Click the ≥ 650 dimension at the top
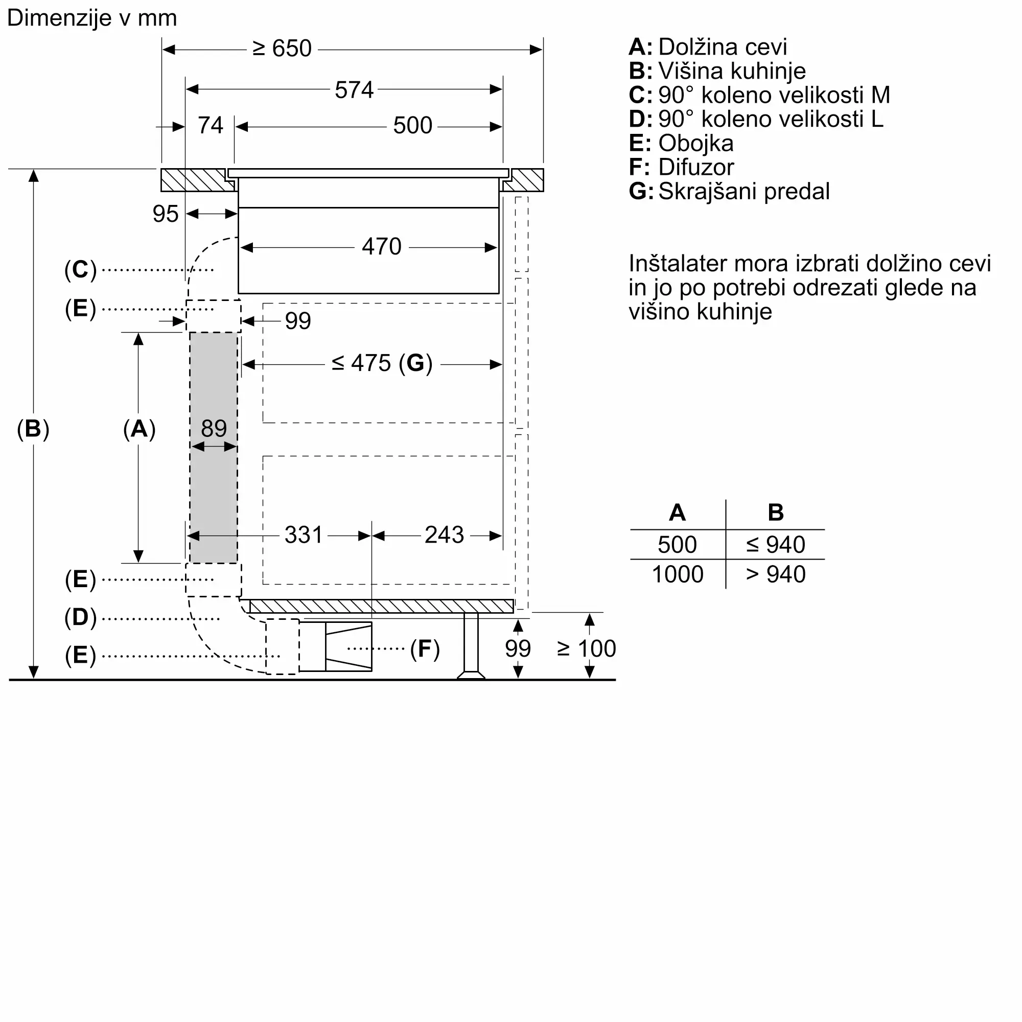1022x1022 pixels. click(x=282, y=49)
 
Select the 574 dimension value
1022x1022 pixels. click(x=354, y=90)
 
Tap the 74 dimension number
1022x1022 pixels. click(x=210, y=126)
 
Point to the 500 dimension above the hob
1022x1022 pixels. click(x=412, y=126)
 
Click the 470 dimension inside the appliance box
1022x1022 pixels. click(x=381, y=247)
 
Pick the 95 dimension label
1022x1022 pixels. click(x=166, y=214)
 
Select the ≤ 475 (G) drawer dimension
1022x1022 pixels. click(x=382, y=363)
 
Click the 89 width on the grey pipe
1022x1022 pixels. click(x=214, y=429)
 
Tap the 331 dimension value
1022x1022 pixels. click(x=303, y=535)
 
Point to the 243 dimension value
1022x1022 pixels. click(x=444, y=535)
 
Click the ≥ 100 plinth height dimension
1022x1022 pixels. click(x=586, y=648)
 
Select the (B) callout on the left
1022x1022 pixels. click(x=33, y=429)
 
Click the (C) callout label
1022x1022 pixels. click(x=80, y=270)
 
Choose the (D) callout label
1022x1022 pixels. click(x=80, y=617)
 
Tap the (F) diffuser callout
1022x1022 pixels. click(x=425, y=649)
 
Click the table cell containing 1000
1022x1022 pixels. click(x=678, y=574)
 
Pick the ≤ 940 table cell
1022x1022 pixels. click(x=776, y=545)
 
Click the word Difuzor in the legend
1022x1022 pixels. click(x=696, y=167)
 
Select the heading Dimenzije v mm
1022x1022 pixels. click(x=92, y=18)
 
